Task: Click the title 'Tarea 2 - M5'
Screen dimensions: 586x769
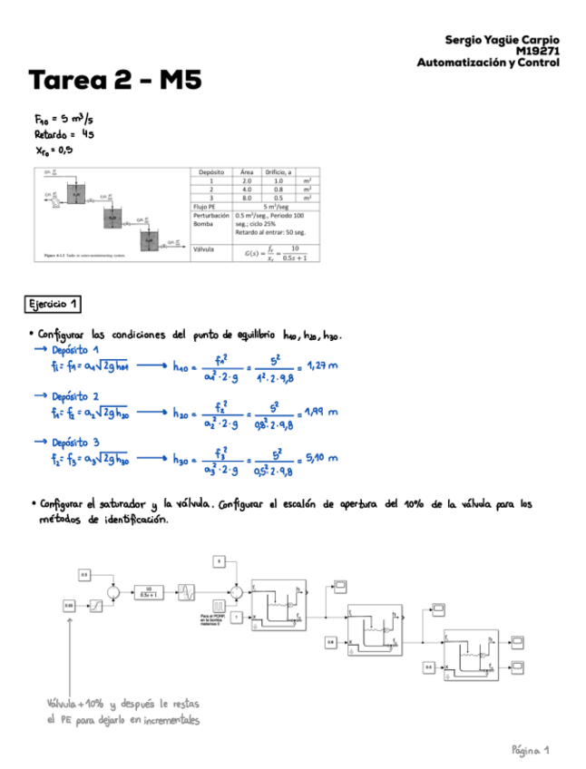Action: [114, 83]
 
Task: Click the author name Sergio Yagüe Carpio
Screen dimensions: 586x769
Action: [502, 40]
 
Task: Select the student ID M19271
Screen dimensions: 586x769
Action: [538, 52]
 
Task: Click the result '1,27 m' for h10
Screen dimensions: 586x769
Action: [321, 366]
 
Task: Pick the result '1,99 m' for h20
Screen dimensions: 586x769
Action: [321, 412]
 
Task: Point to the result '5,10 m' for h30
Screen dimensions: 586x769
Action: [321, 458]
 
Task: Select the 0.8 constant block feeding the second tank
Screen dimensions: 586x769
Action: [331, 642]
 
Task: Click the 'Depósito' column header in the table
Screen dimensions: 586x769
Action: [211, 171]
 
